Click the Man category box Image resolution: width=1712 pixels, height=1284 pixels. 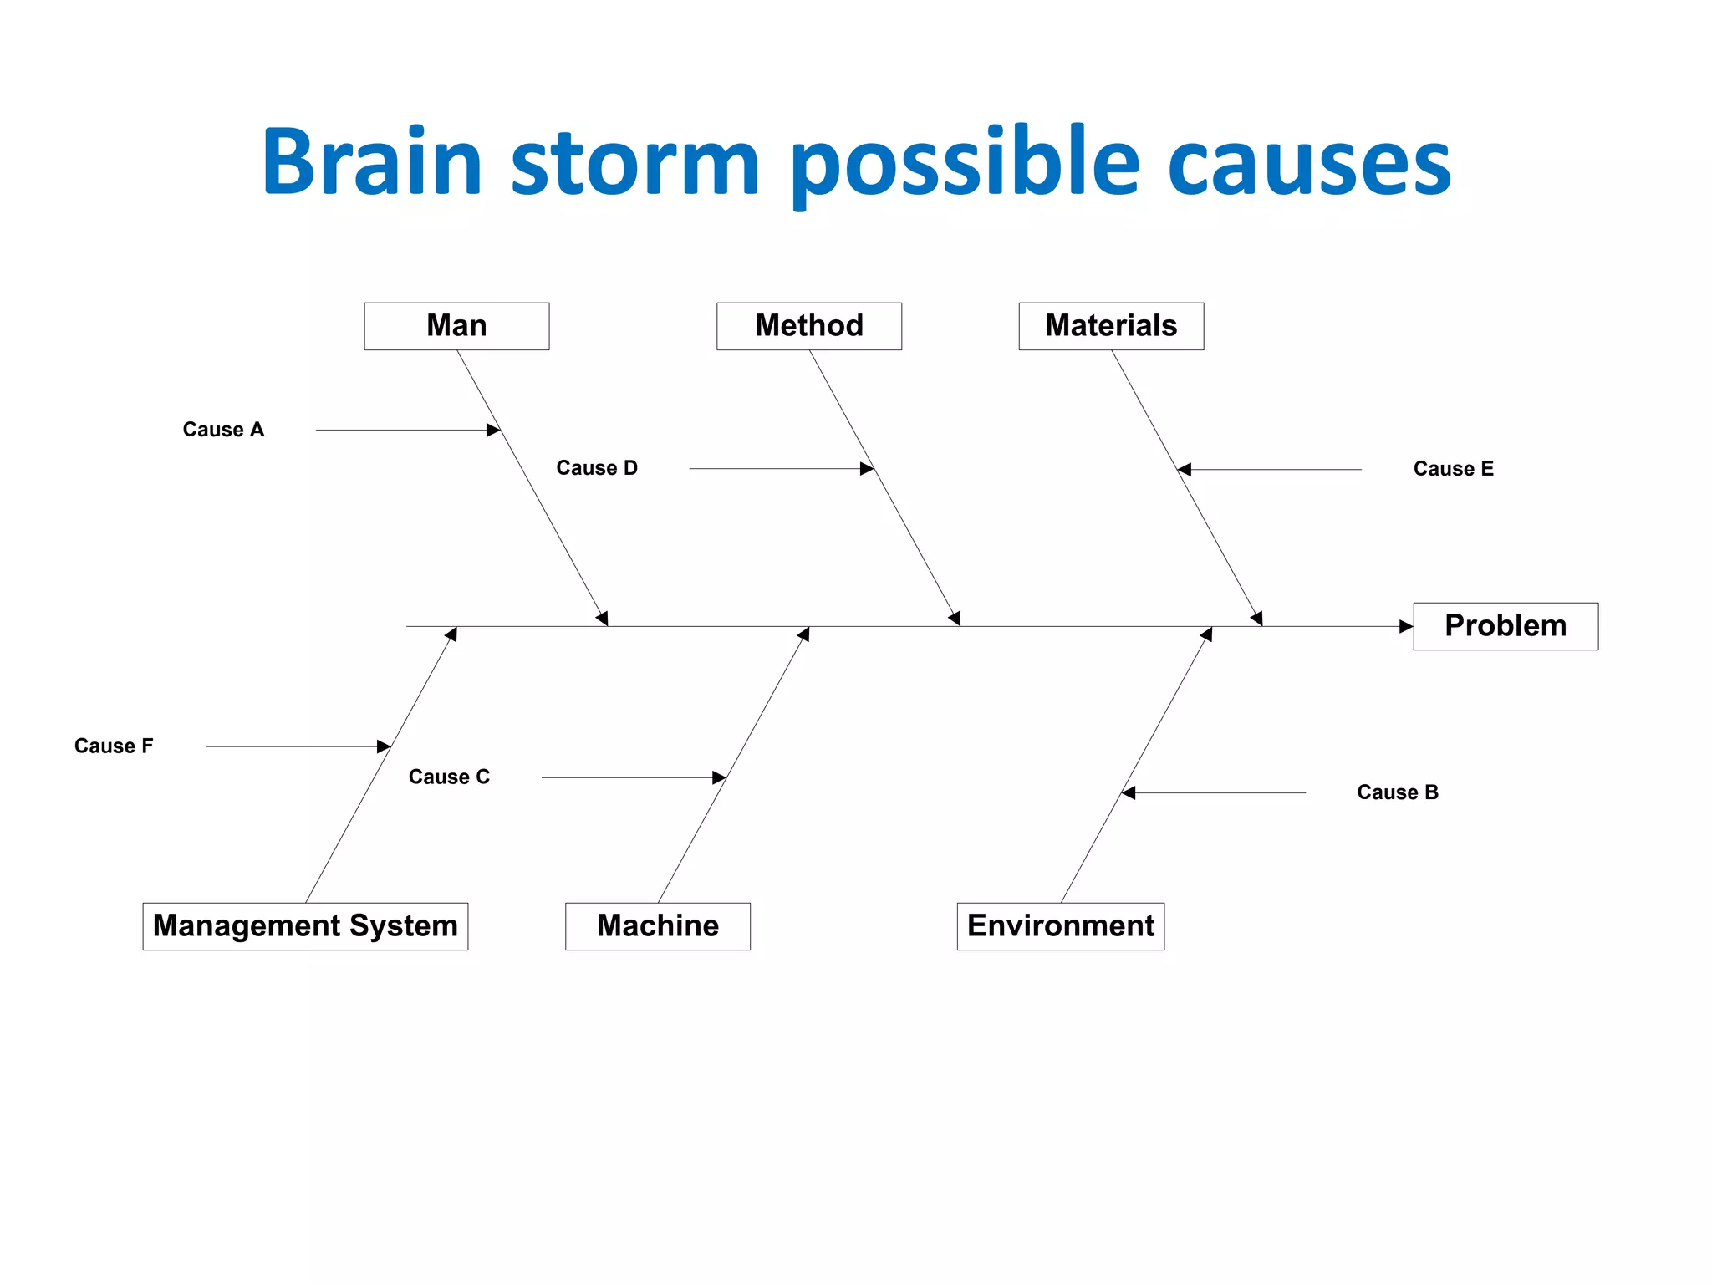pyautogui.click(x=456, y=326)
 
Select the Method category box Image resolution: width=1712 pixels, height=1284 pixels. pyautogui.click(x=808, y=326)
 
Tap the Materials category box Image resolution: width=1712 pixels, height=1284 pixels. pyautogui.click(x=1110, y=326)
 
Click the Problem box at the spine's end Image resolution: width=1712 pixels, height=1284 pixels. pyautogui.click(x=1505, y=626)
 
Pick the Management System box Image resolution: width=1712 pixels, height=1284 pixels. pyautogui.click(x=305, y=926)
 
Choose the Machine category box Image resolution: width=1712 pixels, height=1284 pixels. pyautogui.click(x=657, y=926)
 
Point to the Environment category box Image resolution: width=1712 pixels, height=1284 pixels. pyautogui.click(x=1060, y=926)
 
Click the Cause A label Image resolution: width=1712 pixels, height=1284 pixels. pyautogui.click(x=223, y=430)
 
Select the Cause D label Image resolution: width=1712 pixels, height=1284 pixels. pyautogui.click(x=597, y=468)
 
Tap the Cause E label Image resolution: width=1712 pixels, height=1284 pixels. pyautogui.click(x=1453, y=469)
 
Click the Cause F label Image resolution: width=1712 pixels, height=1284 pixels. pyautogui.click(x=114, y=746)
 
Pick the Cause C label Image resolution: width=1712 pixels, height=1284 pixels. pyautogui.click(x=449, y=777)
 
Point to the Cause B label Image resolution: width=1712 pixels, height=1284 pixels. pyautogui.click(x=1397, y=792)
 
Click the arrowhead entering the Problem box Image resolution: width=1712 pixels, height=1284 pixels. pyautogui.click(x=1406, y=626)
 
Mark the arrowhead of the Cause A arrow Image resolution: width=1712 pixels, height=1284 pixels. pyautogui.click(x=493, y=430)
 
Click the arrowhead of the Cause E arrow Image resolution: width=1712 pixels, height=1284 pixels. pyautogui.click(x=1185, y=470)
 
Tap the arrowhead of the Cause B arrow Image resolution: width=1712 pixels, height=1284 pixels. pyautogui.click(x=1129, y=792)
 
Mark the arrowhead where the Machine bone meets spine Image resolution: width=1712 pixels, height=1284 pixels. pyautogui.click(x=804, y=634)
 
